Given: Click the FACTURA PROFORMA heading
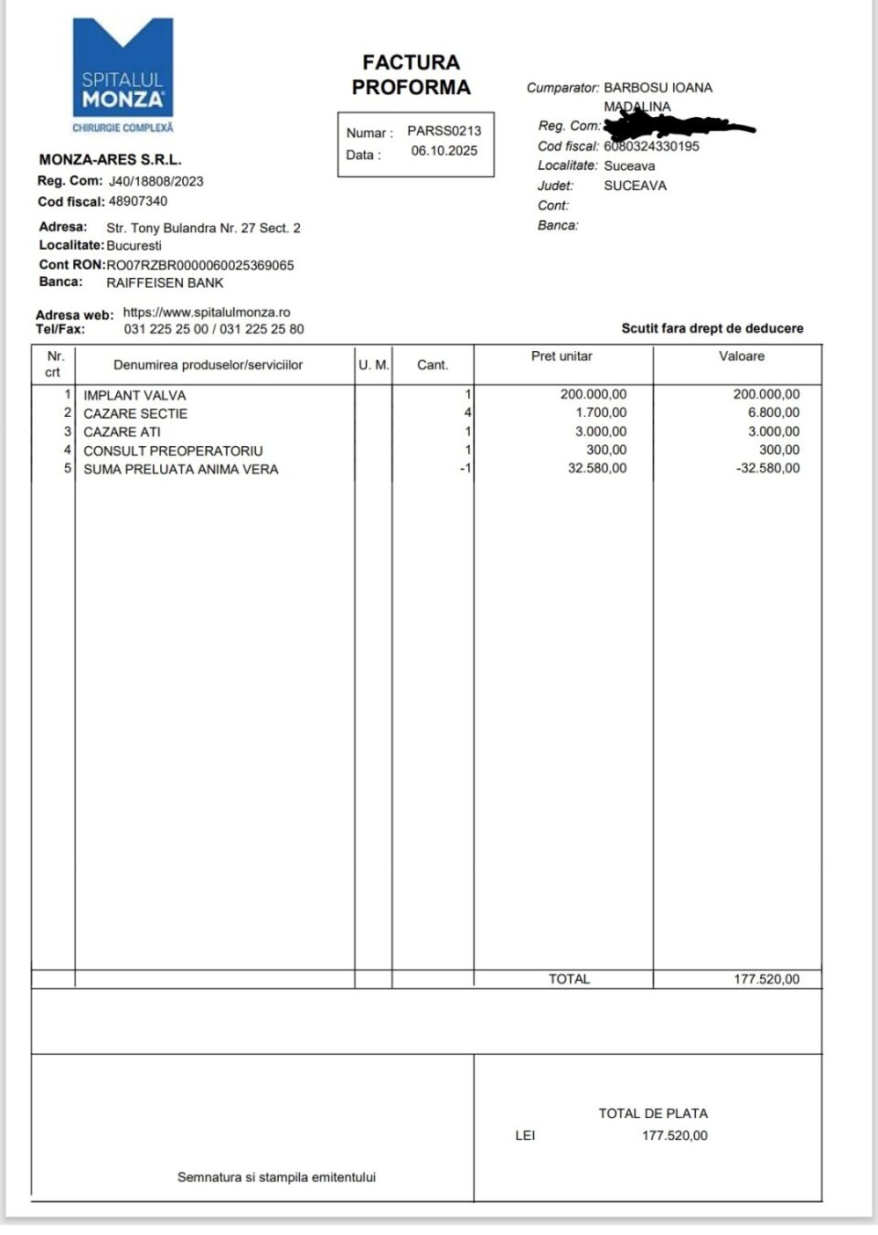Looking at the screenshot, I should pyautogui.click(x=411, y=75).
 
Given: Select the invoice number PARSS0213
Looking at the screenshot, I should pyautogui.click(x=444, y=131).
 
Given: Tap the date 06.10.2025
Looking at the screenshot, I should pyautogui.click(x=444, y=151).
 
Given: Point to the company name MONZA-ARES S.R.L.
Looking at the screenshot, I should pyautogui.click(x=110, y=160).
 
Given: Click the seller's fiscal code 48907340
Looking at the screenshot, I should pyautogui.click(x=138, y=201).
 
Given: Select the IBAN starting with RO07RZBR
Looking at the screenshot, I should pyautogui.click(x=200, y=265).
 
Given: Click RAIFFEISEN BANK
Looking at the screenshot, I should pyautogui.click(x=165, y=283).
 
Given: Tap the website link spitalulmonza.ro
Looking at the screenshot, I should pyautogui.click(x=207, y=313).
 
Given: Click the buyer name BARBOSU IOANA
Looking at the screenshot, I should pyautogui.click(x=658, y=88).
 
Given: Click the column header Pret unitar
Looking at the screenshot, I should pyautogui.click(x=562, y=357).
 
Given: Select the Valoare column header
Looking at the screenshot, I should pyautogui.click(x=741, y=357).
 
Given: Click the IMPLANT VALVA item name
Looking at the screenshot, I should pyautogui.click(x=134, y=396).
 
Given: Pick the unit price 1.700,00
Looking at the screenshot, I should pyautogui.click(x=601, y=413).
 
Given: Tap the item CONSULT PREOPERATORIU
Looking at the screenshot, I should pyautogui.click(x=173, y=451).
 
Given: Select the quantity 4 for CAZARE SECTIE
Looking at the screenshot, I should pyautogui.click(x=467, y=413).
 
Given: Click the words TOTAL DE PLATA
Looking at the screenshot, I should pyautogui.click(x=653, y=1113).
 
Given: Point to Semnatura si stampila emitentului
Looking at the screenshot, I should pyautogui.click(x=276, y=1177).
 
